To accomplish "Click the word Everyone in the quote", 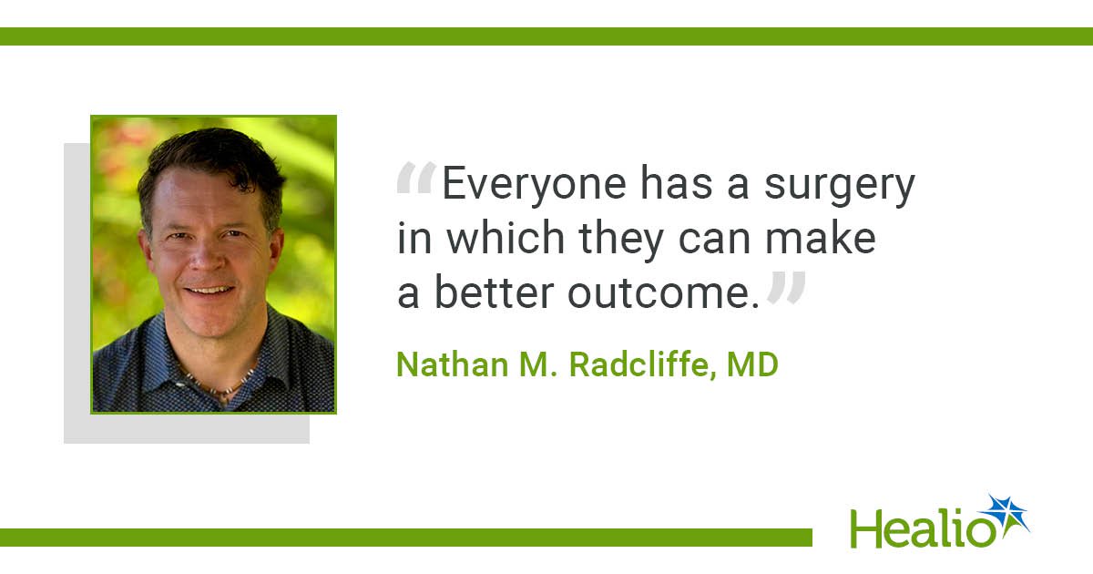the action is pos(534,185).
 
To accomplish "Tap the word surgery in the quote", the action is pos(839,187).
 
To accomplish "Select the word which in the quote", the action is pos(506,237).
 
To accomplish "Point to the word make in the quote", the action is pos(821,237).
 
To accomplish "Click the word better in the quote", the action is pos(494,292).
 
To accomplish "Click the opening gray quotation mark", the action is pos(416,179).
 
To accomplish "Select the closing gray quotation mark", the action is pos(785,288).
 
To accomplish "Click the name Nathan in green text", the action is pos(453,364).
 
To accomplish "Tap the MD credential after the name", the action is pos(752,364).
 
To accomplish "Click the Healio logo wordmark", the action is pos(922,529).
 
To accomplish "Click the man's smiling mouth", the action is pos(209,291).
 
